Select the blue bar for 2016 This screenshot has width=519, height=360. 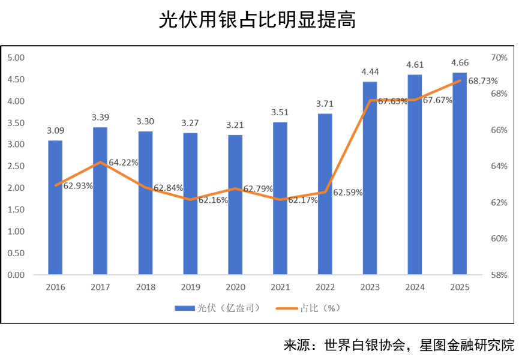pyautogui.click(x=55, y=207)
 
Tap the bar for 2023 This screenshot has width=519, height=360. pyautogui.click(x=370, y=178)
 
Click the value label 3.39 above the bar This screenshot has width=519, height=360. pyautogui.click(x=100, y=117)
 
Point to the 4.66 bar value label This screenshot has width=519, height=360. pyautogui.click(x=460, y=62)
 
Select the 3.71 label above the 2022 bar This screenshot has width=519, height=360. pyautogui.click(x=325, y=104)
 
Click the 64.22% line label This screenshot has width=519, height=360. pyautogui.click(x=124, y=162)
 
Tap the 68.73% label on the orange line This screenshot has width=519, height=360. pyautogui.click(x=483, y=81)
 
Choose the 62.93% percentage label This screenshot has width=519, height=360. pyautogui.click(x=78, y=186)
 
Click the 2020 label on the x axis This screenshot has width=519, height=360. pyautogui.click(x=235, y=287)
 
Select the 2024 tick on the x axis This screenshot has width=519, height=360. pyautogui.click(x=415, y=287)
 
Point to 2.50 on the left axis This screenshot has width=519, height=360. pyautogui.click(x=16, y=166)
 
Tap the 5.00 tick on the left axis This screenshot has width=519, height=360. pyautogui.click(x=16, y=58)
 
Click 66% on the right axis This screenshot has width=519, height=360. pyautogui.click(x=499, y=130)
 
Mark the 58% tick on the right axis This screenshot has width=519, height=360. pyautogui.click(x=499, y=275)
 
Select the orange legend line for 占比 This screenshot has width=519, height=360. pyautogui.click(x=287, y=308)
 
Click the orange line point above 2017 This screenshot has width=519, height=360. pyautogui.click(x=100, y=162)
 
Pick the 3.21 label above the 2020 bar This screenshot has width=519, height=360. pyautogui.click(x=235, y=125)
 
